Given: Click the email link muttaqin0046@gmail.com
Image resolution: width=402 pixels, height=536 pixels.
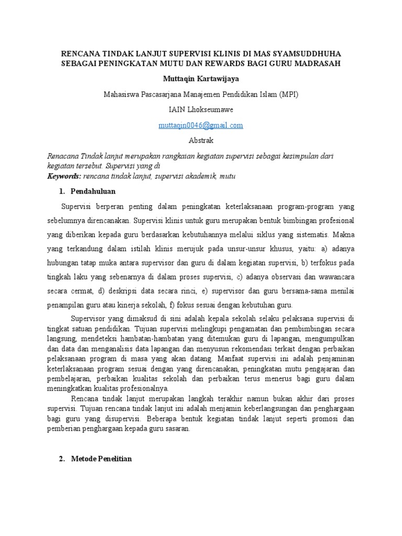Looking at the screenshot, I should pos(200,125).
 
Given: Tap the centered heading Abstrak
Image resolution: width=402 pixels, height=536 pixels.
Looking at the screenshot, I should pos(201,141).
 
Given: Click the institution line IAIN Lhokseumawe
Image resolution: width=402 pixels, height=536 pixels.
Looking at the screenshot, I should pos(201,110).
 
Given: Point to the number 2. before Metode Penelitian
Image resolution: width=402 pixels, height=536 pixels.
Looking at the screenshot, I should pos(62,459).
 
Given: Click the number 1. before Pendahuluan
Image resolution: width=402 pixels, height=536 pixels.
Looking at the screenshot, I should pos(62,191).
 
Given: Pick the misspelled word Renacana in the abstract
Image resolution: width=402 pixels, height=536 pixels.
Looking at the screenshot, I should pos(62,157).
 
